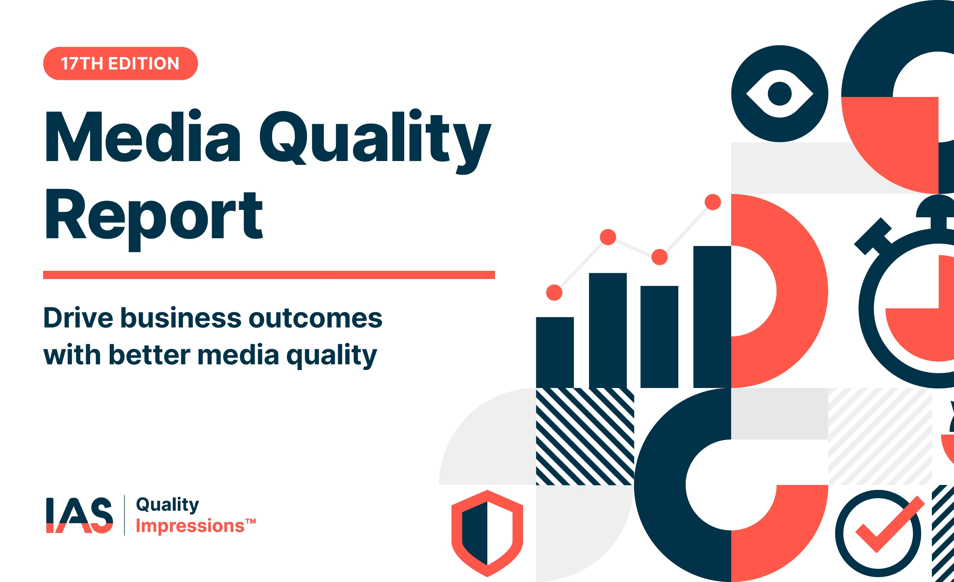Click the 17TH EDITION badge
120,64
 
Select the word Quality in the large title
375,142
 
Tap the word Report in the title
155,219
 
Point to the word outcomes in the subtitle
315,319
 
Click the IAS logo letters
80,515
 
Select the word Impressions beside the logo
190,526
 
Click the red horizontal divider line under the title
269,275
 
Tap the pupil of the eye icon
780,94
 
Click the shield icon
487,533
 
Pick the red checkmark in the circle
890,523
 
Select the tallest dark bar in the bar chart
712,317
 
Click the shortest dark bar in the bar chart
555,353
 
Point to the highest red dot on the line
713,202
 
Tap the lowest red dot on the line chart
554,293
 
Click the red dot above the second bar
608,237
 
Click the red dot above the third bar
659,257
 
